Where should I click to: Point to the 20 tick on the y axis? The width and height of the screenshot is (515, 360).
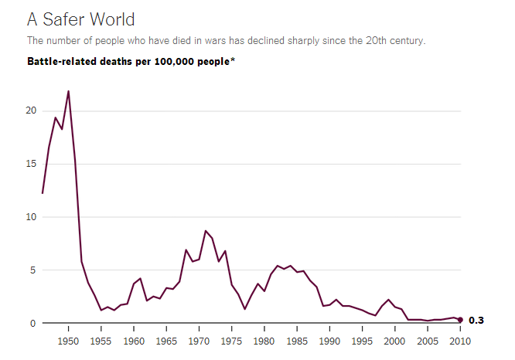(x=31, y=110)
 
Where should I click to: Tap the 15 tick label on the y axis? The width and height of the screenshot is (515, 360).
(x=31, y=164)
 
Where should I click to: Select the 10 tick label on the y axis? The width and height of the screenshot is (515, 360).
(x=31, y=217)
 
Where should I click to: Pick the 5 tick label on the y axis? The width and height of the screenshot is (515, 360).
(x=33, y=270)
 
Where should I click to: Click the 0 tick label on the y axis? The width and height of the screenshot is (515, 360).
(x=33, y=324)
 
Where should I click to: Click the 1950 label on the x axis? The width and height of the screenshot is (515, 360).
(x=69, y=340)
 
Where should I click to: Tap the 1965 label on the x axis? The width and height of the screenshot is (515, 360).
(x=167, y=340)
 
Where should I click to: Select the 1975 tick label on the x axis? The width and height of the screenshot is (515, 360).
(x=232, y=340)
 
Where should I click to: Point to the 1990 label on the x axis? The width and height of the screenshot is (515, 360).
(x=330, y=340)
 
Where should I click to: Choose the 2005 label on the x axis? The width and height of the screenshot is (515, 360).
(x=428, y=340)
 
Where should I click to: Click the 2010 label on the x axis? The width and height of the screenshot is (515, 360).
(x=460, y=340)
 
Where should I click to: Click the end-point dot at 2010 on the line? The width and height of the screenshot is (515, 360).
(x=460, y=320)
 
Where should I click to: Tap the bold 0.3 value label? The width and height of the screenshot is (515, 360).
(x=476, y=320)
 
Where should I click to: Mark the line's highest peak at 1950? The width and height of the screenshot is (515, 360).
(x=69, y=91)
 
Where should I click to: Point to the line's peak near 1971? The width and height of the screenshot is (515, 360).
(x=206, y=231)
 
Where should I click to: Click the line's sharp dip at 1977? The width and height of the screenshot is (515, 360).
(x=244, y=309)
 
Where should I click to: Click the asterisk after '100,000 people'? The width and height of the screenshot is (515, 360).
(x=232, y=59)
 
